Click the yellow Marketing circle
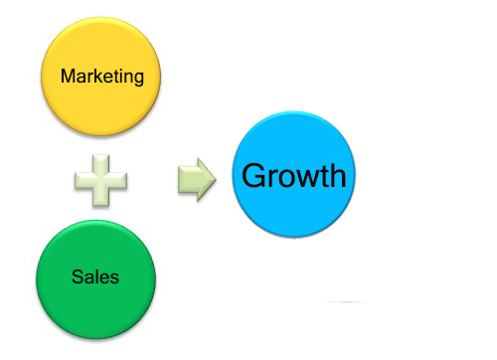(x=100, y=77)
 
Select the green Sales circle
(x=95, y=279)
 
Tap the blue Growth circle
(x=293, y=174)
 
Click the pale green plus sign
(x=100, y=180)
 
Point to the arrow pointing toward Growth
(x=197, y=179)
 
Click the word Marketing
(x=102, y=77)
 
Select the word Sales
(x=95, y=276)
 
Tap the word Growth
(x=294, y=175)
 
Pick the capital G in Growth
(x=254, y=176)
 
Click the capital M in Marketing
(x=69, y=76)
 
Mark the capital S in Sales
(x=78, y=276)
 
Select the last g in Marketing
(x=138, y=80)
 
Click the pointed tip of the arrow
(x=217, y=179)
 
